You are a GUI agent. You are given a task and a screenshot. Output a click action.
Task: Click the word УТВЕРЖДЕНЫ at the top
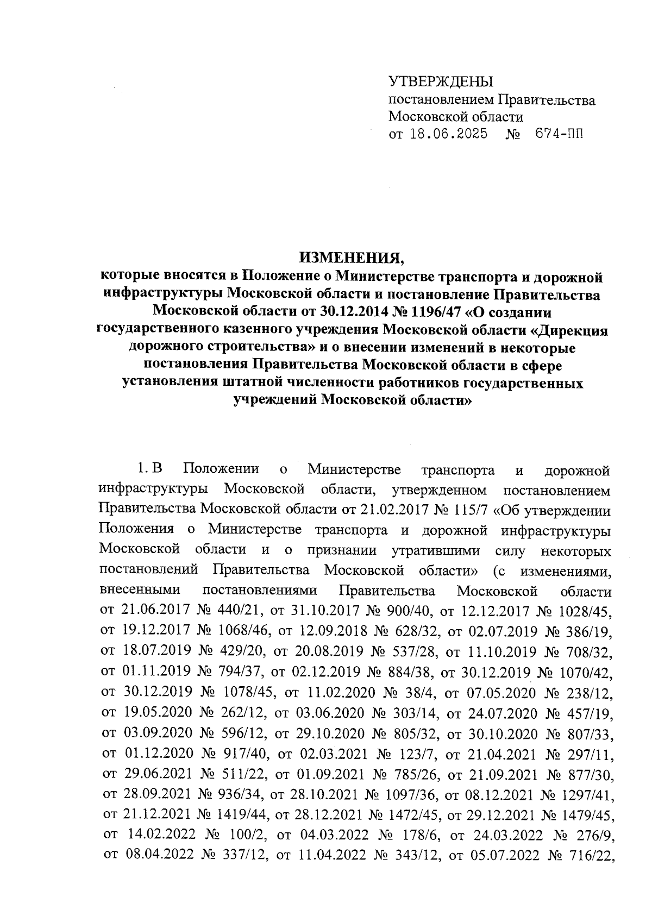[x=440, y=81]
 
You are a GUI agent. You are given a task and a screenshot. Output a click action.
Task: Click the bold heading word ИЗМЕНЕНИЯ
[x=353, y=257]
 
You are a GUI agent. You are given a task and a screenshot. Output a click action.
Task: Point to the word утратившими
[x=436, y=550]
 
